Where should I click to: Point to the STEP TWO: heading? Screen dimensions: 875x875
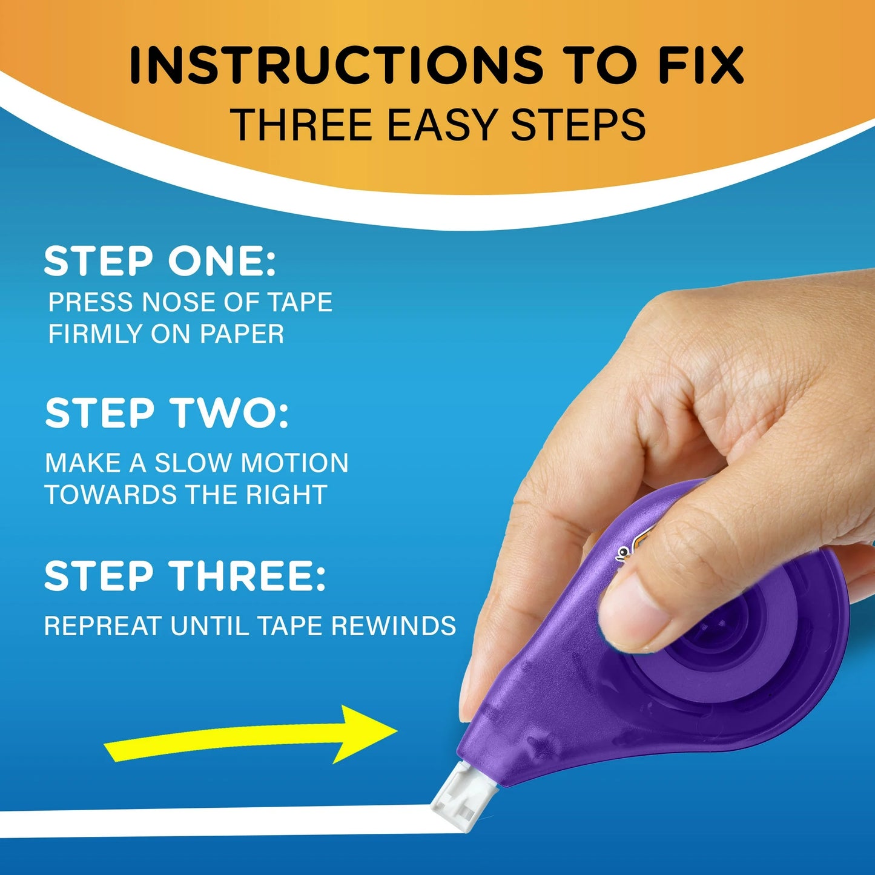pyautogui.click(x=167, y=413)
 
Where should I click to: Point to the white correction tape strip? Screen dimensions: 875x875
pyautogui.click(x=212, y=822)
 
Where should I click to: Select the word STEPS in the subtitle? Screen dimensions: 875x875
pyautogui.click(x=578, y=125)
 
